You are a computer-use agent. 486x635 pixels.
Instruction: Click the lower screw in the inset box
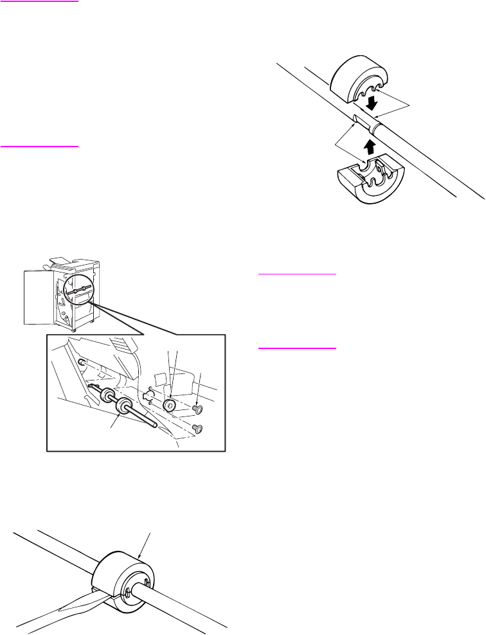point(198,429)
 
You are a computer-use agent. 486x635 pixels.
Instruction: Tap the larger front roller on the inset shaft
point(123,407)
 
